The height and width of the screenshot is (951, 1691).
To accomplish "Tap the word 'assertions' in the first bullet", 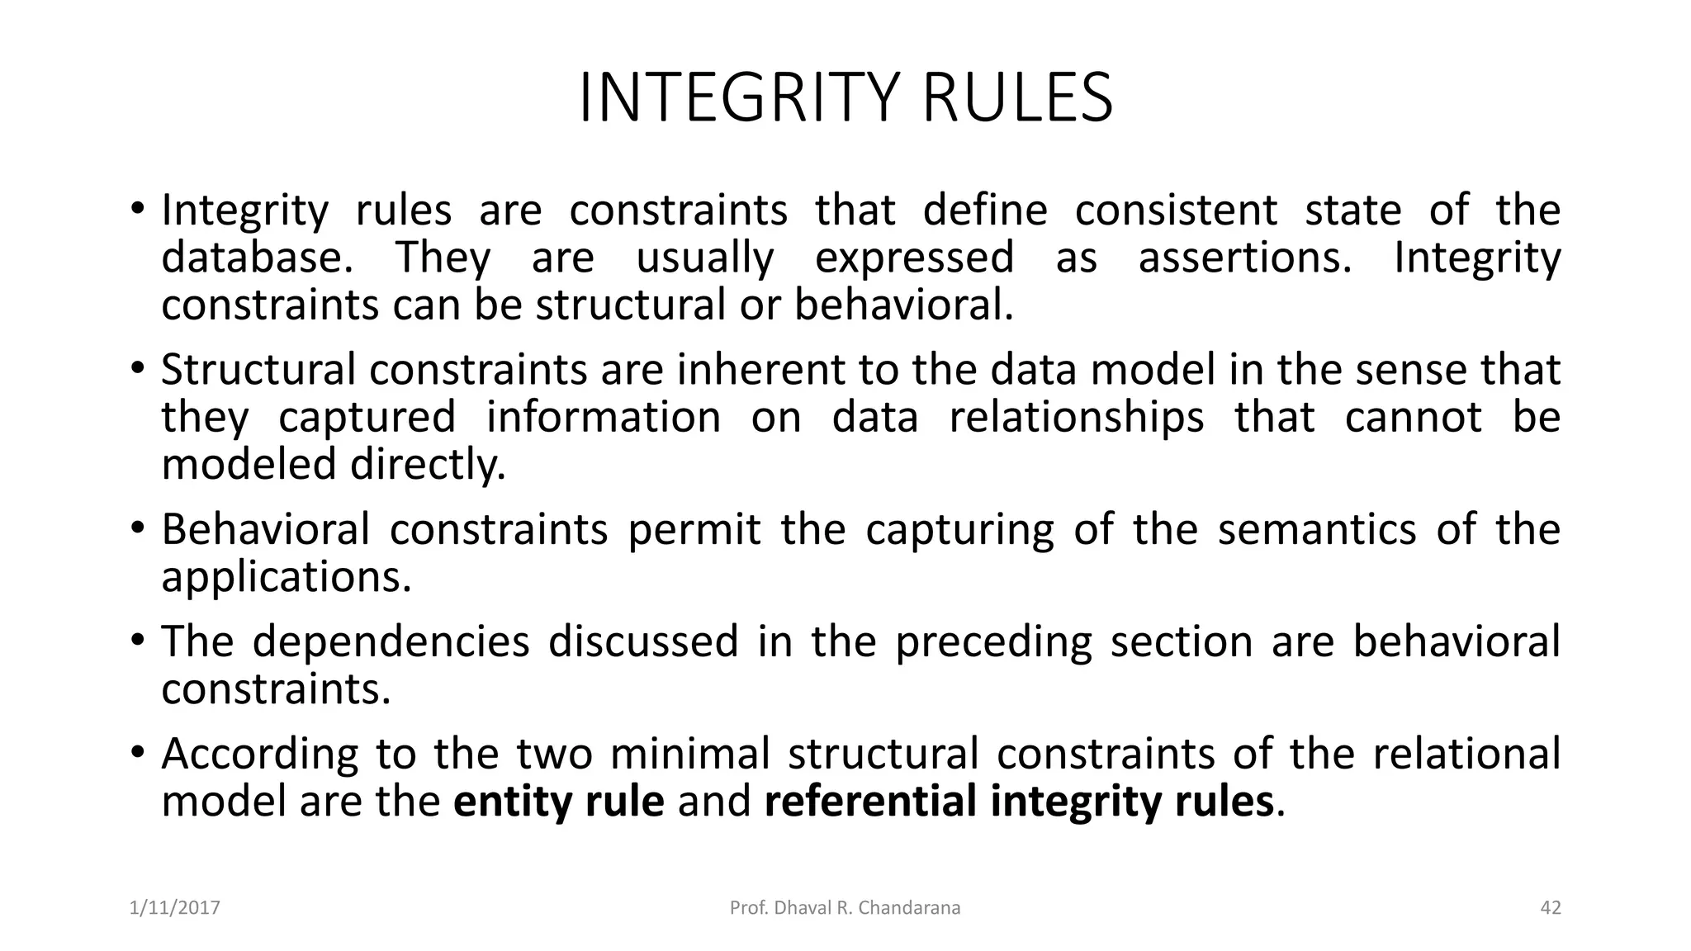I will click(1245, 258).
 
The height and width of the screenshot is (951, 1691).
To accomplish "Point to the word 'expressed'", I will click(914, 258).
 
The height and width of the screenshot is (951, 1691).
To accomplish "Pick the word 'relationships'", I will click(1076, 417).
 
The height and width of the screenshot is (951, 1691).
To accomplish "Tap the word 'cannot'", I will click(1413, 417).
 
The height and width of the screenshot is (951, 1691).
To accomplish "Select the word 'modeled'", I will click(249, 464).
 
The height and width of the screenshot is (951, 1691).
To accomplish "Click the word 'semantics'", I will click(1317, 529).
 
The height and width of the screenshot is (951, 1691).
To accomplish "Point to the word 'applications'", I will click(286, 576).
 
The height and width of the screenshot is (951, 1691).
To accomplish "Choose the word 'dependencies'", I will click(391, 641).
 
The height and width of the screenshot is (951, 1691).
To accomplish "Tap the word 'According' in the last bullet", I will click(259, 754).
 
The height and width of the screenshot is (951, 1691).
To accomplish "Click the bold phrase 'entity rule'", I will click(558, 802).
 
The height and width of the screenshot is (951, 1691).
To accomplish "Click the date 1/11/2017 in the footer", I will click(175, 908).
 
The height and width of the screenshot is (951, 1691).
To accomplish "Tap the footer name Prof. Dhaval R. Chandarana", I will click(845, 908).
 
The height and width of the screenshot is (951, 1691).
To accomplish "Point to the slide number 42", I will click(1551, 908).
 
